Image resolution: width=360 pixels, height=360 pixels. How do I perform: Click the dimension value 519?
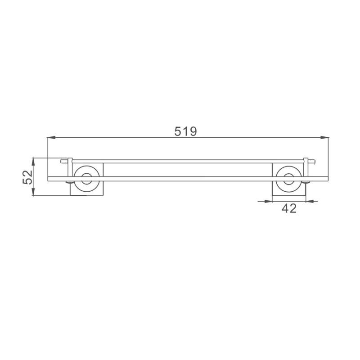[x=185, y=131]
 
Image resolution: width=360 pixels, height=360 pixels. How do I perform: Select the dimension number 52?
[x=28, y=177]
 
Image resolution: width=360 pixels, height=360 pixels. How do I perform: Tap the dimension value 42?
[x=289, y=208]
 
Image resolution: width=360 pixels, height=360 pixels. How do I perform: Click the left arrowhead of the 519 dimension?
[x=51, y=137]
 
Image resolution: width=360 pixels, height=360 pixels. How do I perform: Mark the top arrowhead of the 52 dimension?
[x=34, y=160]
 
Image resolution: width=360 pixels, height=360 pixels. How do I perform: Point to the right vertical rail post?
[x=306, y=169]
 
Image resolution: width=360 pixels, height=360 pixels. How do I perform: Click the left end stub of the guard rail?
[x=63, y=160]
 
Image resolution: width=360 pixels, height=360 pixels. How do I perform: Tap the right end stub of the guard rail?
[x=313, y=160]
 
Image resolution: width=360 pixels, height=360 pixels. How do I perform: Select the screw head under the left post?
[x=69, y=182]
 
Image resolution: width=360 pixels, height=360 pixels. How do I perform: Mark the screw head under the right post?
[x=306, y=182]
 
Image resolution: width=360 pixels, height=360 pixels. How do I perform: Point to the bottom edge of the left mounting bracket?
[x=87, y=196]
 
